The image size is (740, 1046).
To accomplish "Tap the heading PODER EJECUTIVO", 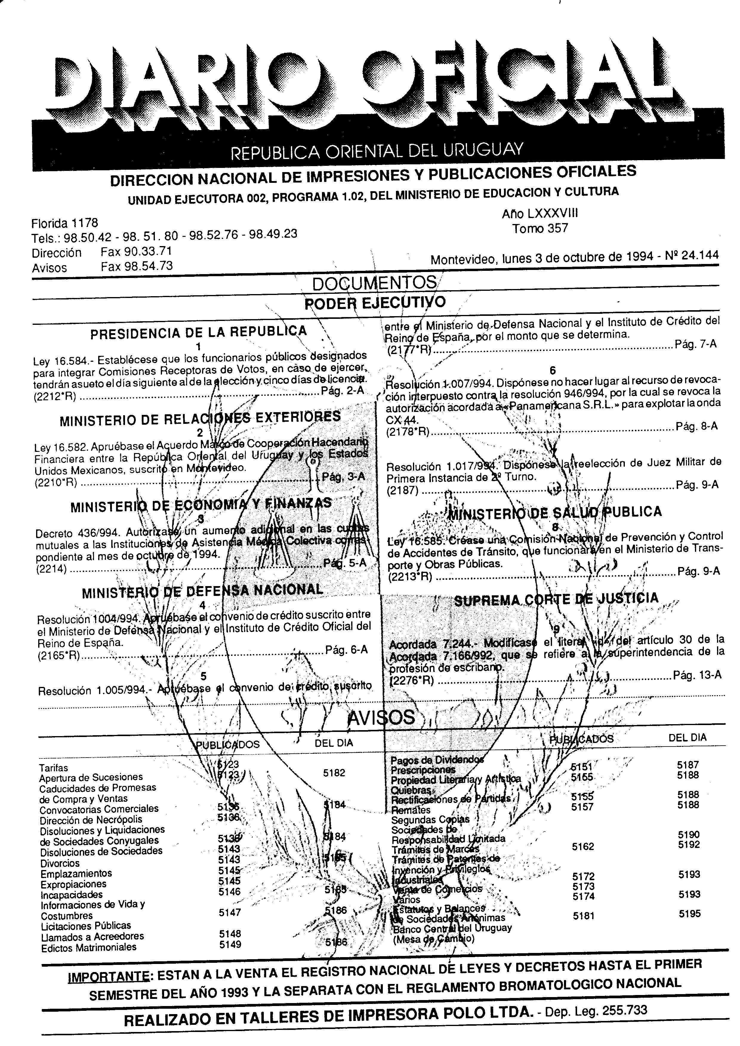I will point(374,302).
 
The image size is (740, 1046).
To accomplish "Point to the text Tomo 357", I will point(540,228).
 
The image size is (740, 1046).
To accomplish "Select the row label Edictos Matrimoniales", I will point(88,947).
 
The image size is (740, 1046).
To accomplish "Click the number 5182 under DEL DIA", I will point(334,773).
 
